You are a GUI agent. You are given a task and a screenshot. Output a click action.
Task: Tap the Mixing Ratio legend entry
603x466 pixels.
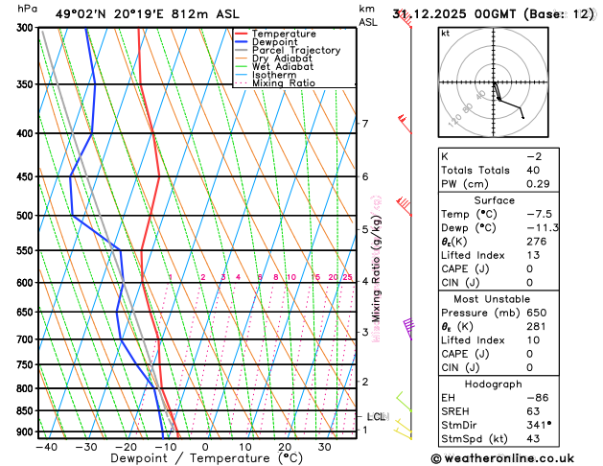(286, 83)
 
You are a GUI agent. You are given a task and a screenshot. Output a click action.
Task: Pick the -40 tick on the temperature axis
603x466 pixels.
(45, 446)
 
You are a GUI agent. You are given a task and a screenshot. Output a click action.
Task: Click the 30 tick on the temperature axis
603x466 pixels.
(324, 446)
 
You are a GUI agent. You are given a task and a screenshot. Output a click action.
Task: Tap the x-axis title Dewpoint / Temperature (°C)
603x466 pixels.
(197, 458)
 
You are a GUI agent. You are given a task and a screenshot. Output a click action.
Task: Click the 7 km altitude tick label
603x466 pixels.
(365, 124)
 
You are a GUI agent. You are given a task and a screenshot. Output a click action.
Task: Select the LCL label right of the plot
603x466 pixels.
(376, 417)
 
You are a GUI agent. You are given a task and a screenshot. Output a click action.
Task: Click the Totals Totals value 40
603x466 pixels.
(534, 170)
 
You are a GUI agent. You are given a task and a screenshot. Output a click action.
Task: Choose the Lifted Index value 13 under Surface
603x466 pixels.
(534, 255)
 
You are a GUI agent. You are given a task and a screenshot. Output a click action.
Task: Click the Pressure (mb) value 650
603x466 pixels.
(537, 313)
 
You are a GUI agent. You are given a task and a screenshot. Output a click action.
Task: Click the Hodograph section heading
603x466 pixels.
(493, 383)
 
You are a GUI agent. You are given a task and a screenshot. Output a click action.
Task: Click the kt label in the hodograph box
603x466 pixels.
(445, 33)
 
